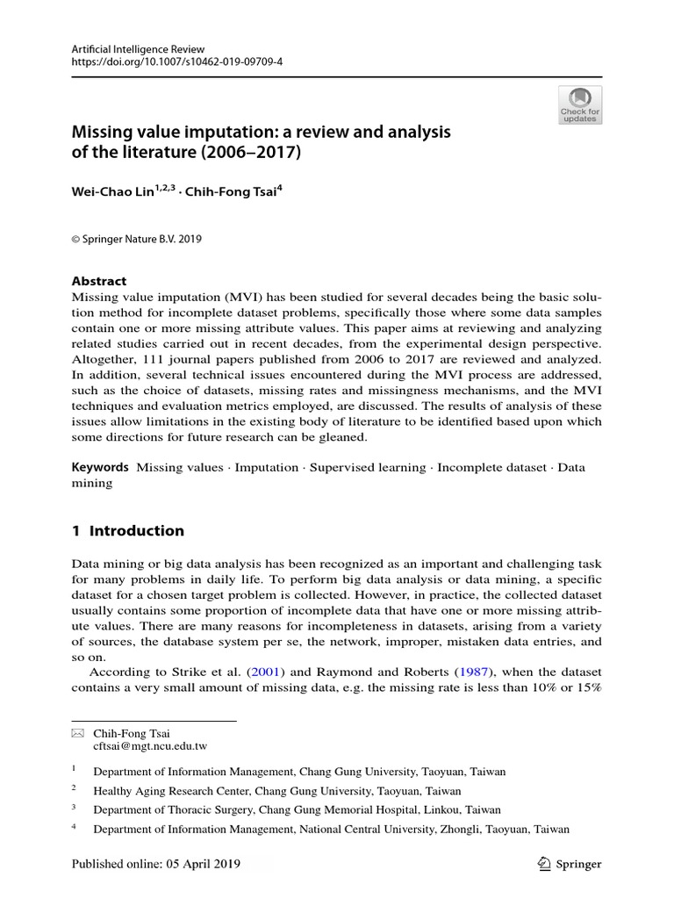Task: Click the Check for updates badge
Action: pyautogui.click(x=580, y=104)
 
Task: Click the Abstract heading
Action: pyautogui.click(x=98, y=281)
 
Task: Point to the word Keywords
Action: pyautogui.click(x=100, y=467)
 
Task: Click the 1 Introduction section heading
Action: pyautogui.click(x=127, y=530)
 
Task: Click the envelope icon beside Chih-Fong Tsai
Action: pyautogui.click(x=76, y=732)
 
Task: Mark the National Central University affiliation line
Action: pyautogui.click(x=331, y=829)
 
